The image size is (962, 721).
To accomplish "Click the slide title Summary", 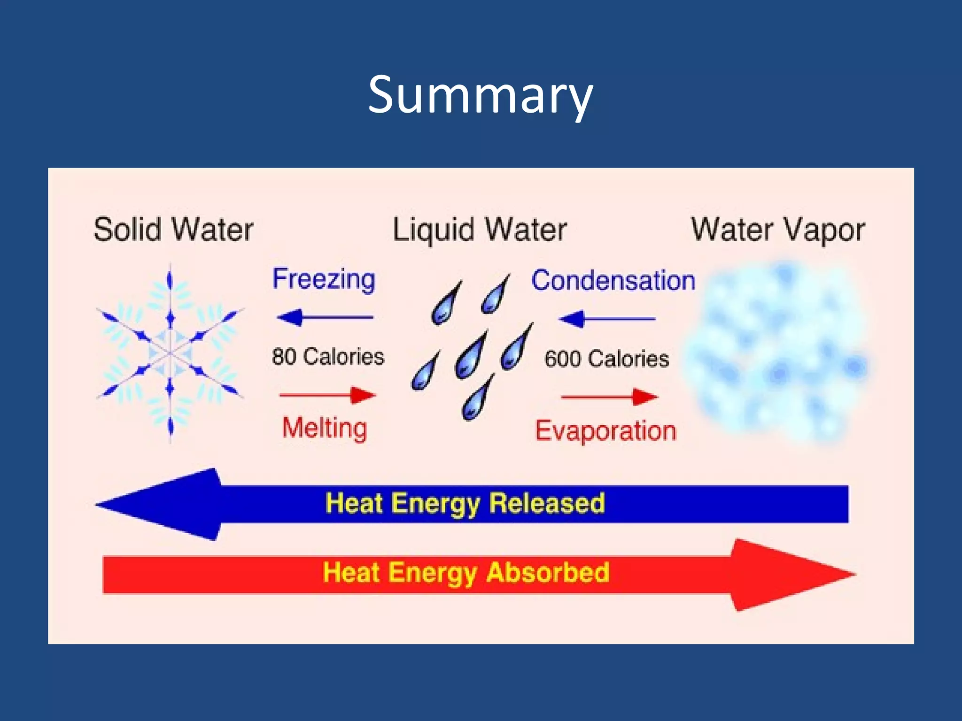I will click(480, 95).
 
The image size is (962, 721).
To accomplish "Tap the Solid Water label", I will click(173, 230).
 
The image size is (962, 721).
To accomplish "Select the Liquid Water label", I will click(480, 230).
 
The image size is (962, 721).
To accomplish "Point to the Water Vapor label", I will click(778, 230).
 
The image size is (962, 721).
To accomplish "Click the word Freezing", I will click(324, 280).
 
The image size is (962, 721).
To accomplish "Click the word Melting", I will click(325, 428).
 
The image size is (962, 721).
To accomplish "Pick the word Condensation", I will click(613, 281).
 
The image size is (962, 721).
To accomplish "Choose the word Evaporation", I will click(605, 431).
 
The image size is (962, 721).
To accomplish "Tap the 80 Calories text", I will click(328, 357).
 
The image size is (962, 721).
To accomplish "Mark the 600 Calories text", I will click(606, 359).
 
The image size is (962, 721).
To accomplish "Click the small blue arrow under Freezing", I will click(325, 318).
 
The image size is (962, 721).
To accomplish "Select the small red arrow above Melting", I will click(327, 395).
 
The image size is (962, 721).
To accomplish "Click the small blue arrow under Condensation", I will click(606, 319).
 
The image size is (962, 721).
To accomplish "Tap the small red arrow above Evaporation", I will click(609, 397).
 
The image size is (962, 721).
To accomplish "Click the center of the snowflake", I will click(170, 353).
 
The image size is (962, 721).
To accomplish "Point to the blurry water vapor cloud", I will click(777, 352).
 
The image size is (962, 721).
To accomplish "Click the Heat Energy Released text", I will click(465, 504).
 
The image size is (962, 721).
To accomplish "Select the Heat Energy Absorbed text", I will click(465, 573).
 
